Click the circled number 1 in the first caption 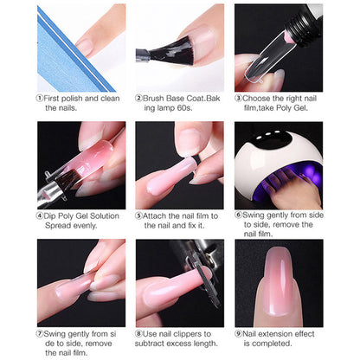pos(40,98)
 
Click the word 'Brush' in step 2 pos(157,98)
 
